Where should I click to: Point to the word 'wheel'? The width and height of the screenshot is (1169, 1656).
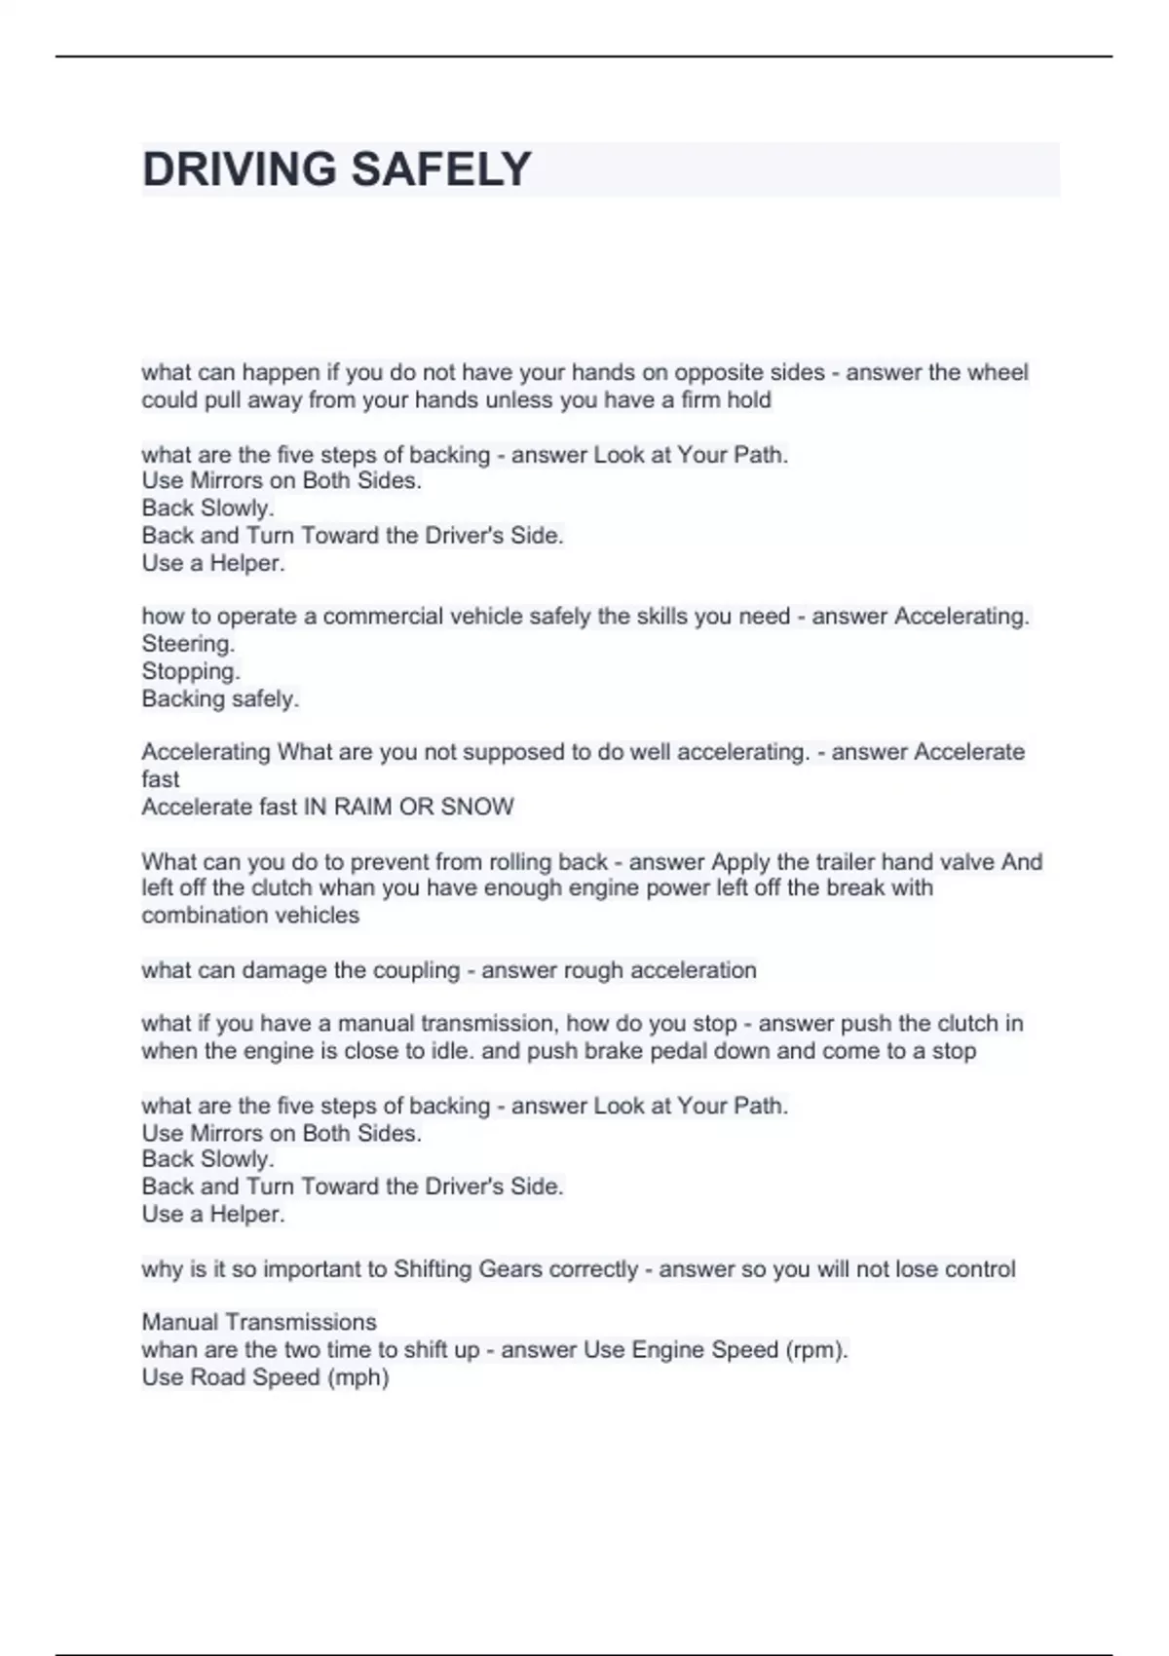[999, 372]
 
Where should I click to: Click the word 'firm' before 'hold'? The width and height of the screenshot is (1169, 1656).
[700, 399]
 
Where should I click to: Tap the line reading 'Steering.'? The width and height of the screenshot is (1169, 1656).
[188, 644]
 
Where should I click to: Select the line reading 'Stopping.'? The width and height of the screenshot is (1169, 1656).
[191, 671]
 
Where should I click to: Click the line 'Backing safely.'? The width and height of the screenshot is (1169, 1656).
[220, 698]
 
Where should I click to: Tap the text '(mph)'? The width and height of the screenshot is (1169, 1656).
[359, 1377]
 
